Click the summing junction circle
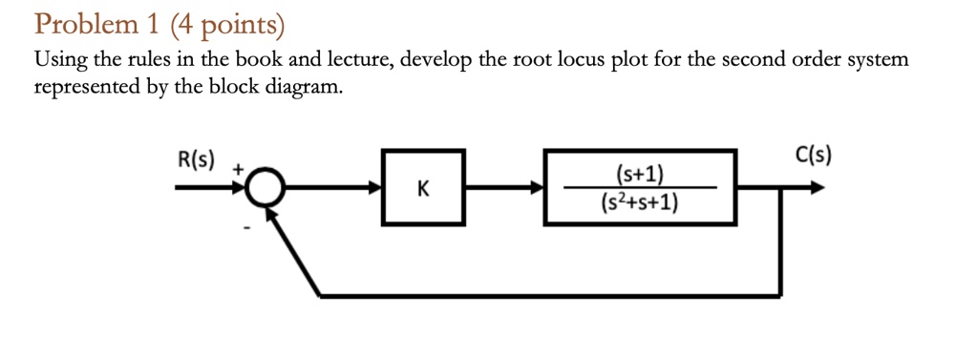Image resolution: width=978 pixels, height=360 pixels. (x=264, y=189)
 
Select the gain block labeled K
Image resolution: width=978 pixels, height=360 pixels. (x=423, y=188)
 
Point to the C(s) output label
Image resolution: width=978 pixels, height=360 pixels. (x=812, y=155)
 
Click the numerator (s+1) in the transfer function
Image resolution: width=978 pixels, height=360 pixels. (x=640, y=174)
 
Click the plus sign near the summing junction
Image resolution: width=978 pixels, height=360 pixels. (x=242, y=168)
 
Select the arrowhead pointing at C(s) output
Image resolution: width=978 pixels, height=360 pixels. (x=817, y=189)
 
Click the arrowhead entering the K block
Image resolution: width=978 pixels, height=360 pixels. (x=374, y=189)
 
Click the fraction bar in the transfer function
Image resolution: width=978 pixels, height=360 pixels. (x=640, y=188)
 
